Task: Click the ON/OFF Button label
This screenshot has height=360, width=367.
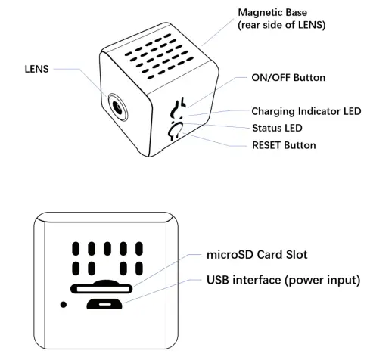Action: [287, 77]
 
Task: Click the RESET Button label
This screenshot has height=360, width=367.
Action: [283, 144]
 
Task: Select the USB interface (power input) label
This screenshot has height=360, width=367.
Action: [283, 281]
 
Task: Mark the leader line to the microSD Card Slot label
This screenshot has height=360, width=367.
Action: [166, 272]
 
